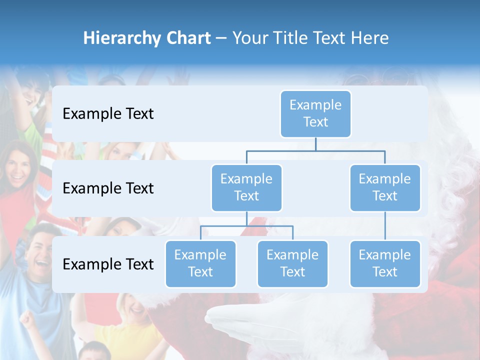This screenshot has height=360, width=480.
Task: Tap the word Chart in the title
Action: tap(188, 38)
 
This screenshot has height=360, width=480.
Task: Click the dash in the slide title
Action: tap(221, 38)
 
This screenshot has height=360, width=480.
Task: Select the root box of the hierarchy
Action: tap(315, 113)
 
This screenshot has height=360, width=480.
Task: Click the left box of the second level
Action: tap(246, 187)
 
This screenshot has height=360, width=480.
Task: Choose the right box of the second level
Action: tap(385, 187)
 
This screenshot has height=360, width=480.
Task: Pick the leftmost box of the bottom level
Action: tap(200, 263)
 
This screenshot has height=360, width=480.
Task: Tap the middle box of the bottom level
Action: tap(292, 263)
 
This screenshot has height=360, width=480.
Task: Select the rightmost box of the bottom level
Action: tap(385, 263)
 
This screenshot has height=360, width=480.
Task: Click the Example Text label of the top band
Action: tap(108, 114)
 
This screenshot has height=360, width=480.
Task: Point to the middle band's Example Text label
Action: tap(108, 188)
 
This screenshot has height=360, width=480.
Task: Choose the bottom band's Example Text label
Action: tap(108, 264)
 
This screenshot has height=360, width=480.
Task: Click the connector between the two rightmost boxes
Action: tap(385, 226)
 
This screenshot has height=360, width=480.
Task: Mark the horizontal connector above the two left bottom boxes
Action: tap(246, 226)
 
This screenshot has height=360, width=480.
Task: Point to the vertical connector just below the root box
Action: tap(315, 144)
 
